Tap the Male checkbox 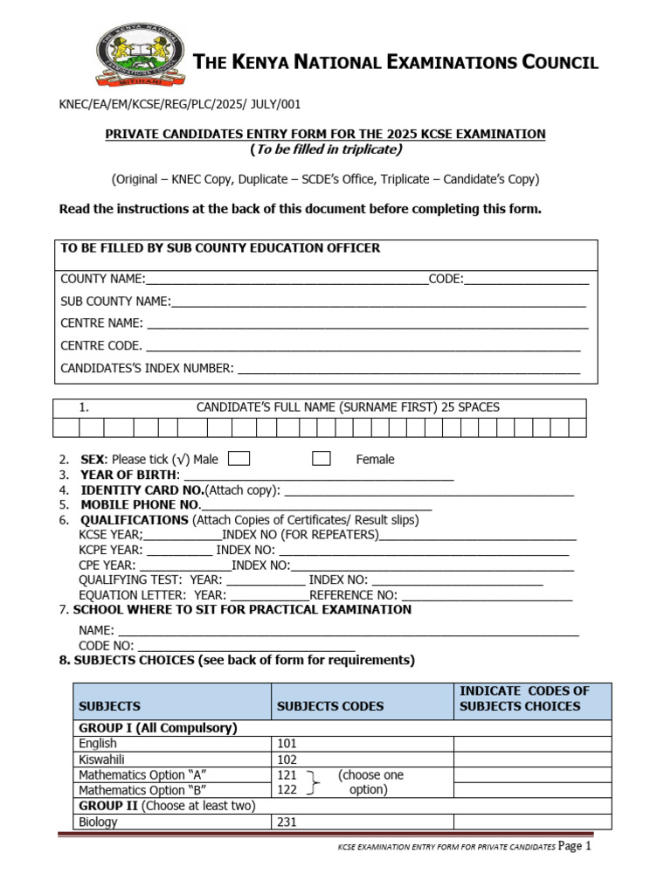click(239, 459)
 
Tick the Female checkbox click(322, 459)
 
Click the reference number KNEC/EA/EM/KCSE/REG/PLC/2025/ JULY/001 click(179, 104)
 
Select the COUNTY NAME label click(101, 279)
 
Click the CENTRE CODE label click(100, 346)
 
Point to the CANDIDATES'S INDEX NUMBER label click(147, 368)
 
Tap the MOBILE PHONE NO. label click(141, 505)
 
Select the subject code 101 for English click(287, 744)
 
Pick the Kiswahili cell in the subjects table click(102, 760)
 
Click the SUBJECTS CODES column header click(329, 706)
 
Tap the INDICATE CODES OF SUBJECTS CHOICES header click(524, 698)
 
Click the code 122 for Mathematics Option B click(287, 790)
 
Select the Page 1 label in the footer click(575, 847)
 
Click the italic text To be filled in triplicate click(326, 149)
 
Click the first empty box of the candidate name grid click(66, 427)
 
